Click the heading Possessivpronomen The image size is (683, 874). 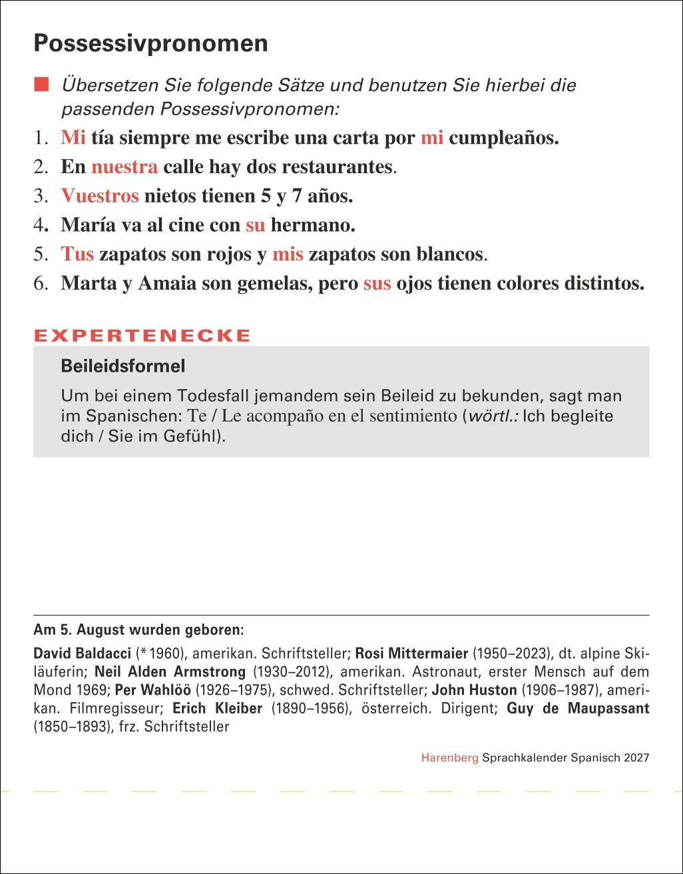point(150,44)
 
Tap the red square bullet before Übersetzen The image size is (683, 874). point(43,84)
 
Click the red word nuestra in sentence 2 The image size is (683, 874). point(124,167)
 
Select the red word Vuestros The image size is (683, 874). point(100,196)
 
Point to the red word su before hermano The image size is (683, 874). point(255,225)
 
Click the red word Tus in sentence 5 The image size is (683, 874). point(77,254)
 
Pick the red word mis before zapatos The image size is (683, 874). point(288,254)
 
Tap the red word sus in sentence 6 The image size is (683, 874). point(377,283)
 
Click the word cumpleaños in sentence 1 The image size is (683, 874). point(503,138)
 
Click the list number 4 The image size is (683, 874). point(39,225)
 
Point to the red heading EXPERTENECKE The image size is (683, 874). point(142,336)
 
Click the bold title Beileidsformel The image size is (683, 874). point(123,366)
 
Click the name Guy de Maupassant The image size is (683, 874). point(578,708)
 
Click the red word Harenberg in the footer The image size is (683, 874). point(449,757)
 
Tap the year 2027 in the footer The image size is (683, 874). point(636,757)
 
